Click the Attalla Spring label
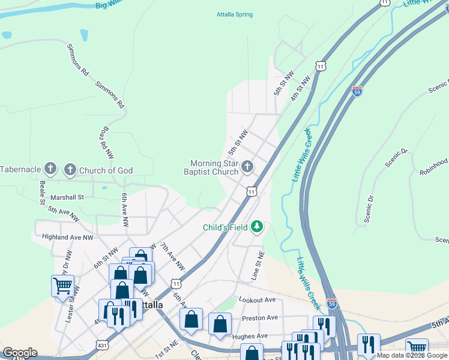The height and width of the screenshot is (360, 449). pyautogui.click(x=235, y=15)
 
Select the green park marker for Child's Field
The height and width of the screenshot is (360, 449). pyautogui.click(x=258, y=226)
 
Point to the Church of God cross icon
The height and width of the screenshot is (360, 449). pyautogui.click(x=70, y=170)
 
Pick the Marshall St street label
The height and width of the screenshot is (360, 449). pyautogui.click(x=68, y=196)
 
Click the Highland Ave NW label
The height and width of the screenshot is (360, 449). pyautogui.click(x=68, y=237)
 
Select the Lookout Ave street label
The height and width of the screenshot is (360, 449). pyautogui.click(x=256, y=299)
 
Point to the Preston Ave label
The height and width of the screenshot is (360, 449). pyautogui.click(x=260, y=318)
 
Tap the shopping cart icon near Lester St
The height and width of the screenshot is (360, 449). pyautogui.click(x=62, y=286)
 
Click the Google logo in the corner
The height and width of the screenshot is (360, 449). pyautogui.click(x=20, y=353)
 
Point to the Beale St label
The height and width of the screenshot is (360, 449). pyautogui.click(x=43, y=193)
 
